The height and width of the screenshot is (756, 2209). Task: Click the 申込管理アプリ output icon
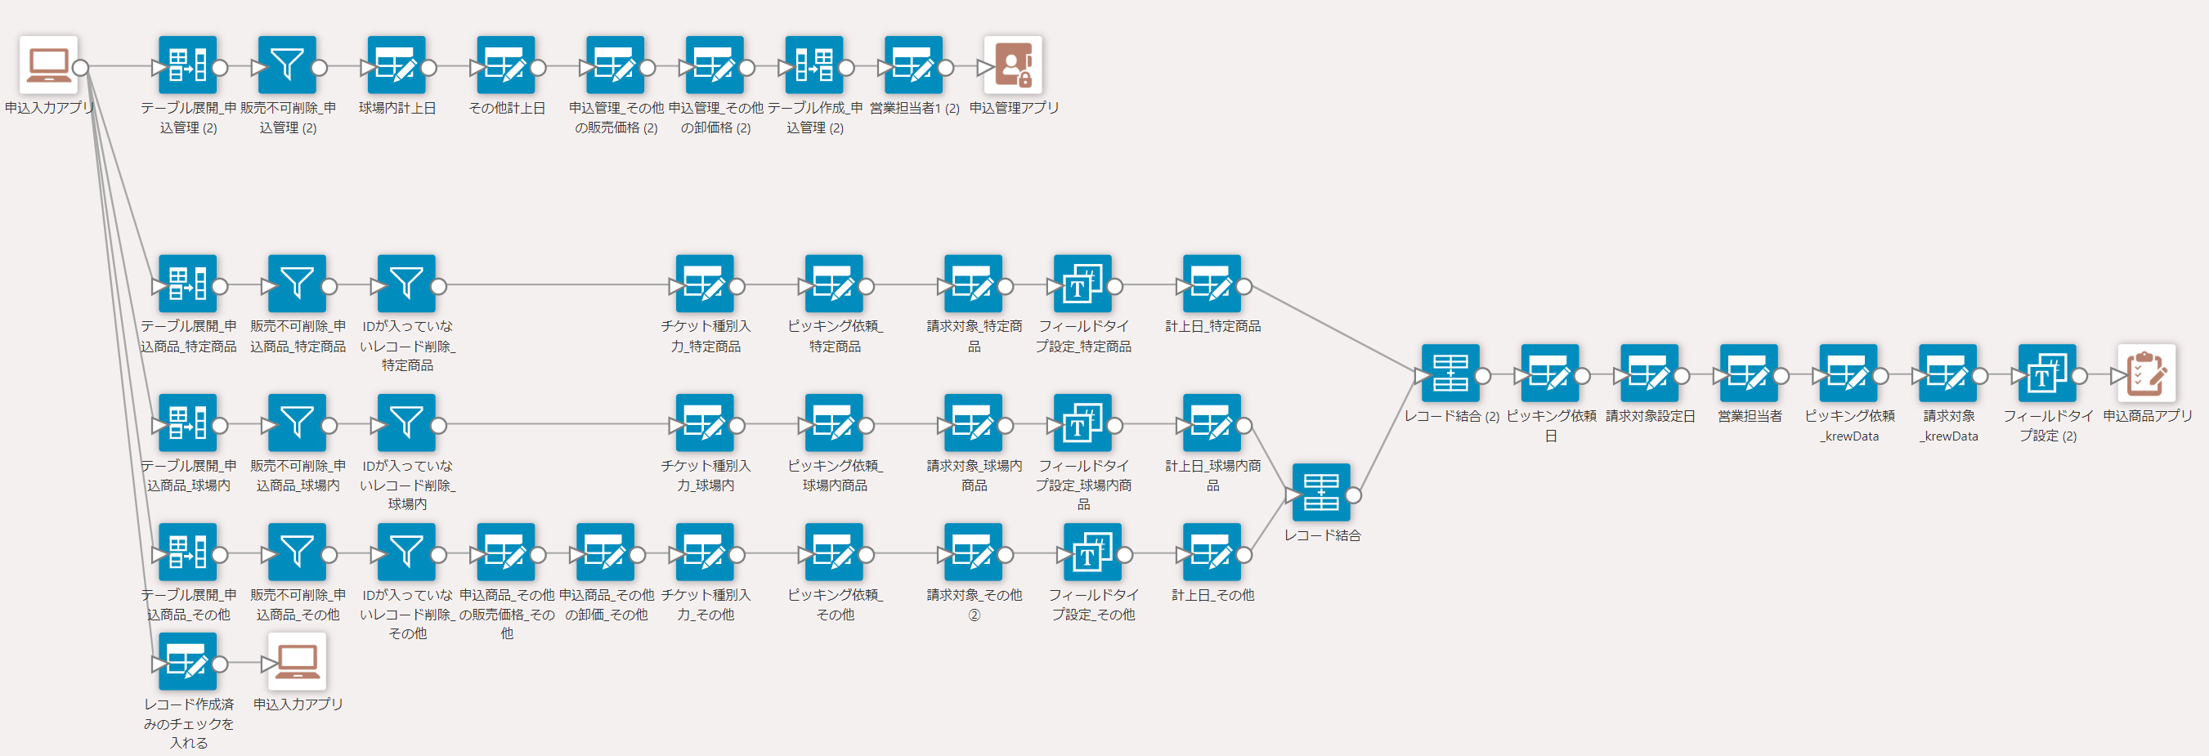[x=1013, y=65]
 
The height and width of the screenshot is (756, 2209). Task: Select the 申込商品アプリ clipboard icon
[x=2145, y=373]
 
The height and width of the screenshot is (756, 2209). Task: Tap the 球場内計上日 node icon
[x=397, y=65]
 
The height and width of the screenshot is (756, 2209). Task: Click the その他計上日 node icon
[x=506, y=65]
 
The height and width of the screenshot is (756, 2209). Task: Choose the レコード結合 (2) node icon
[x=1450, y=373]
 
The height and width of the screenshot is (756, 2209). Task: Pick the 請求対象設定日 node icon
[x=1649, y=373]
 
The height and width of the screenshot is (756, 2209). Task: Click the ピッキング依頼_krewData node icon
[x=1848, y=373]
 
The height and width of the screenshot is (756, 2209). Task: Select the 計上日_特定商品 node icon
[x=1212, y=284]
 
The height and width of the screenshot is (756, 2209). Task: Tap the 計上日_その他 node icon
[x=1212, y=552]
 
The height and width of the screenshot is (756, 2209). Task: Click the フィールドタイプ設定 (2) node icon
[x=2047, y=373]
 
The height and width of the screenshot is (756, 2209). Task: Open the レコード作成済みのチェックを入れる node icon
[x=188, y=661]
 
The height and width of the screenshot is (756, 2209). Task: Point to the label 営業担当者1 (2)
[x=914, y=108]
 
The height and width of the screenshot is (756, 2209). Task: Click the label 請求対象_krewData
[x=1948, y=425]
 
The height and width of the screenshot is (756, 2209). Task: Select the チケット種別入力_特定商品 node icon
[x=705, y=284]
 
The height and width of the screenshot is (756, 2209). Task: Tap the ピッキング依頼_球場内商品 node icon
[x=835, y=423]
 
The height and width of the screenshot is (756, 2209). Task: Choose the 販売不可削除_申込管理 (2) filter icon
[x=287, y=65]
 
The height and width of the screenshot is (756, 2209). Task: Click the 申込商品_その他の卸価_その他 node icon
[x=606, y=552]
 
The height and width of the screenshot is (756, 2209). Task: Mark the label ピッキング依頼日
[x=1550, y=425]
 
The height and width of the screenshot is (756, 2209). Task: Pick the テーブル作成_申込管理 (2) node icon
[x=813, y=65]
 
